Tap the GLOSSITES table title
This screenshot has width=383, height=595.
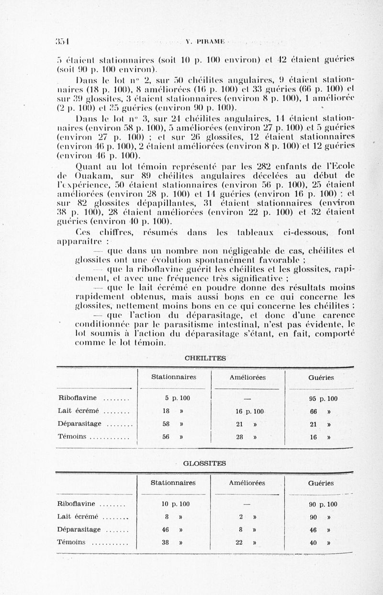pos(205,463)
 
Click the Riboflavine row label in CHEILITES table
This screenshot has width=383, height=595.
pos(77,398)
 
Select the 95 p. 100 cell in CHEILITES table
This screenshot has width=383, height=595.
pos(323,398)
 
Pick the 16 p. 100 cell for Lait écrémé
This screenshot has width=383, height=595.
pos(250,411)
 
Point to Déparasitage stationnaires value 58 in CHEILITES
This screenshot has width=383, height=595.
pos(166,424)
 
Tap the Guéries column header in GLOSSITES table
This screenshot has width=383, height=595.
pos(321,483)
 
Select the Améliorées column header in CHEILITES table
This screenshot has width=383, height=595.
pos(248,377)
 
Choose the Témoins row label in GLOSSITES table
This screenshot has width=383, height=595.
pos(71,542)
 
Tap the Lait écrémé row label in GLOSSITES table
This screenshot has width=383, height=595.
pos(78,517)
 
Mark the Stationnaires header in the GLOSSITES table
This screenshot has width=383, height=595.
pos(173,483)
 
